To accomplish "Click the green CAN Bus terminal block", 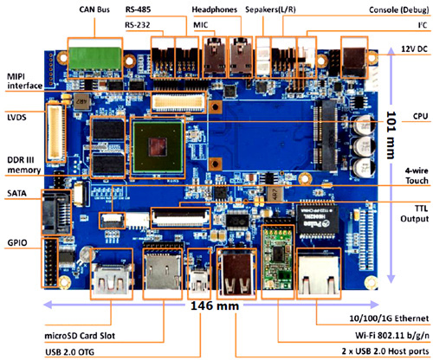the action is (95, 59).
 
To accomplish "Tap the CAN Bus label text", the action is (94, 10).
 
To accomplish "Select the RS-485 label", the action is (138, 10).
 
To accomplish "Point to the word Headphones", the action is (215, 10).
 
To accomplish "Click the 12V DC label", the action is (414, 48).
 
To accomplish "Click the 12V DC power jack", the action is (354, 62).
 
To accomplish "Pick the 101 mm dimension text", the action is (391, 135).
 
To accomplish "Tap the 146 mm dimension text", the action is (215, 305).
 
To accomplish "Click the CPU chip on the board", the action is (158, 147).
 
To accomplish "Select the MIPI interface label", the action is (24, 81).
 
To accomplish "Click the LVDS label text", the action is (16, 117).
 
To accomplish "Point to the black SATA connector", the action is (55, 213).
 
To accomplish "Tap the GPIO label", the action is (17, 242).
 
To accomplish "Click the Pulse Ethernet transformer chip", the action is (317, 220).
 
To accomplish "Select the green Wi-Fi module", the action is (277, 254).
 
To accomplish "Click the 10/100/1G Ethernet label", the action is (389, 318).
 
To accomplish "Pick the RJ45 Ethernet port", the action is (319, 273).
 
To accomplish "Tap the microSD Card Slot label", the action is (80, 336).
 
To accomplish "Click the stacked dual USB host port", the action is (236, 273).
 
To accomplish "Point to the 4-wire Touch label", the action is (417, 176).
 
